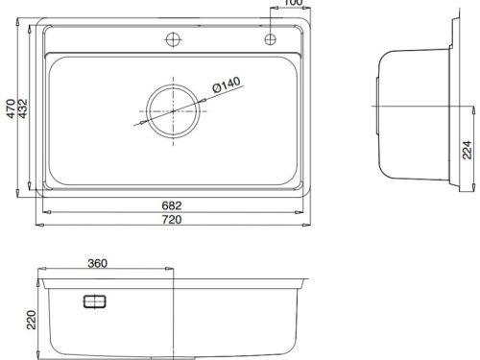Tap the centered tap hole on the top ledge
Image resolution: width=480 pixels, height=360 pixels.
[x=173, y=39]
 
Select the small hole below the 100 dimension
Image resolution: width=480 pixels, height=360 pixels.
[x=270, y=39]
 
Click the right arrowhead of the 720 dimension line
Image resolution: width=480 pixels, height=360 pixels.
[x=307, y=226]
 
